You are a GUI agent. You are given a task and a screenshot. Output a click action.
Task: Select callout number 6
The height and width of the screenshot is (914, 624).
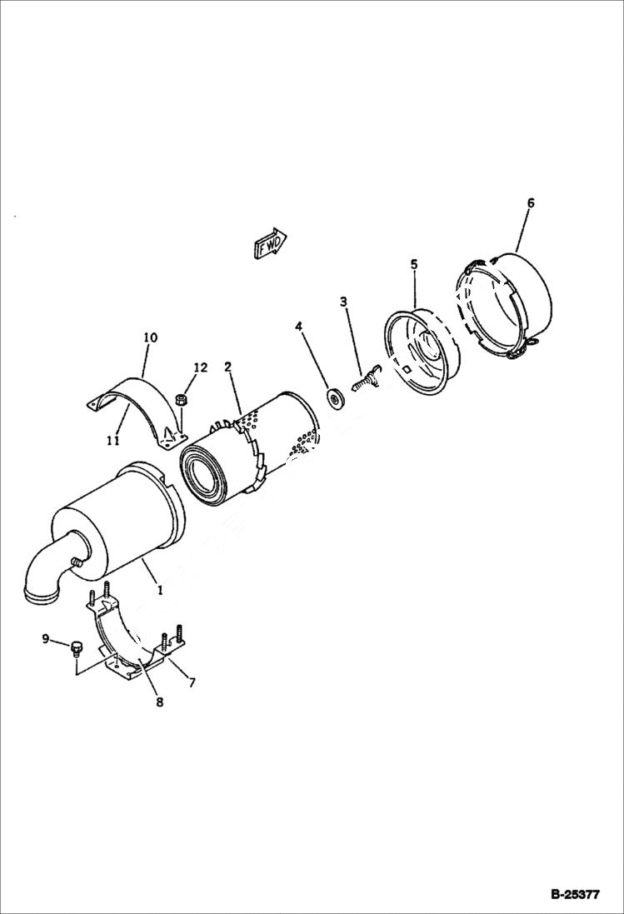[531, 202]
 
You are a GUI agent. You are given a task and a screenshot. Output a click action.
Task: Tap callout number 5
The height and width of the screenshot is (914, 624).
[414, 263]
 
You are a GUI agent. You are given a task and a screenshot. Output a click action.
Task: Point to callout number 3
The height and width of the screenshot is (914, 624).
[343, 301]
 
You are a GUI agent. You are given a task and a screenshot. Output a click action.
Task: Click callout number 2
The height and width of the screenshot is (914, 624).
[227, 366]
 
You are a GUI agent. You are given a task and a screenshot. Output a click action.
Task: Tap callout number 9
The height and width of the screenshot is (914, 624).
[45, 639]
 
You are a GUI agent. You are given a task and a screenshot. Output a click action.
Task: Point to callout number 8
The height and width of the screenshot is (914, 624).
[159, 702]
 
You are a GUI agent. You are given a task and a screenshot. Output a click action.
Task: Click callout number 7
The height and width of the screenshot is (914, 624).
[192, 683]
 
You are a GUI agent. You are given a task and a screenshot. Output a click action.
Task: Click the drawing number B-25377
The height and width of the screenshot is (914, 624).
[575, 896]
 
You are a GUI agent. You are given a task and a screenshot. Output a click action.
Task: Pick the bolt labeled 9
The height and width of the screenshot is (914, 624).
[76, 647]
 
